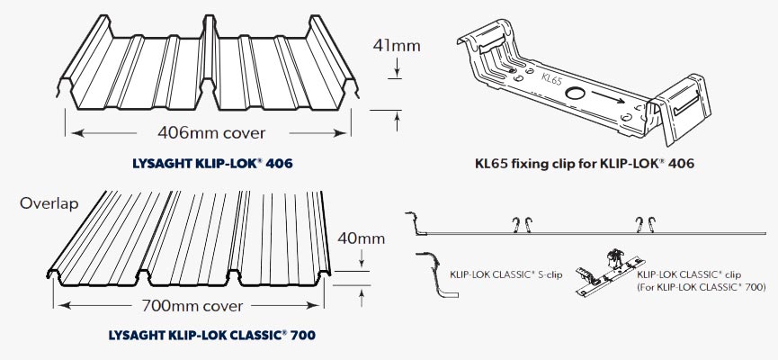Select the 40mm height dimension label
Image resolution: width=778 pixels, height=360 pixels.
363,238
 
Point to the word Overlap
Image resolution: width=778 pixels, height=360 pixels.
49,203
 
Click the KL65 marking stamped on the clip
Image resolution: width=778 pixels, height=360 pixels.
553,79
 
